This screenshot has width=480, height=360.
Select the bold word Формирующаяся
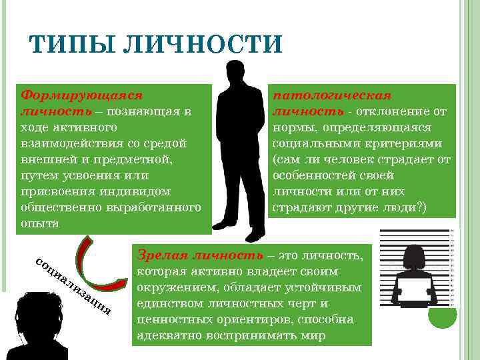point(83,95)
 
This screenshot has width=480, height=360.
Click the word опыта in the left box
point(40,223)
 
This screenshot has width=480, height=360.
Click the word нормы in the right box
point(291,127)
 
